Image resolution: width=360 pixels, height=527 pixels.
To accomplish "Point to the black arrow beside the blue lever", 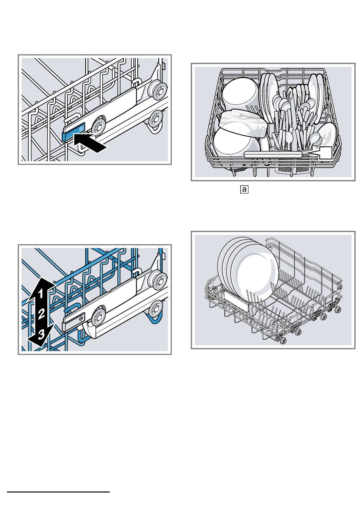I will point(90,143).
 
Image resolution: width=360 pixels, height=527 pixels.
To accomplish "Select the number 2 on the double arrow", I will point(41,313).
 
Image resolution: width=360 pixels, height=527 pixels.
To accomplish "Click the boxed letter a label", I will point(244,189).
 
